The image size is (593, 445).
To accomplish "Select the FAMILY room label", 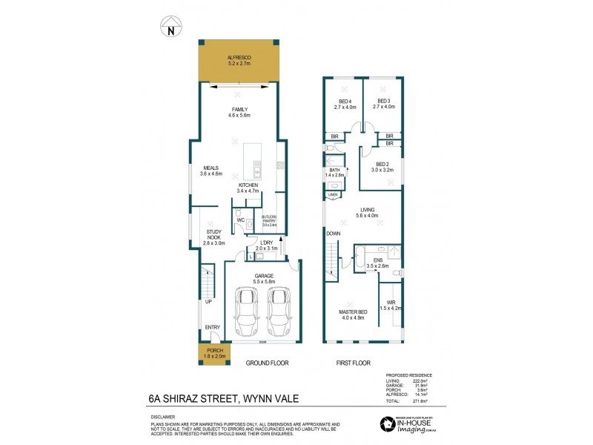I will (x=239, y=109).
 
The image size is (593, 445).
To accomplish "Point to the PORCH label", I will (x=214, y=351).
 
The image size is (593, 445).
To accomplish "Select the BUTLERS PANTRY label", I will (x=268, y=217).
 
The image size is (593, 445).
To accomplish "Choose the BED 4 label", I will (x=345, y=101).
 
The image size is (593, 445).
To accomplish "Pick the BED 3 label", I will (x=383, y=101).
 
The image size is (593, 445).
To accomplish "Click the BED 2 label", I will (x=382, y=165).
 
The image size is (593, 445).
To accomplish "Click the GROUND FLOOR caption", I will (x=267, y=363).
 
